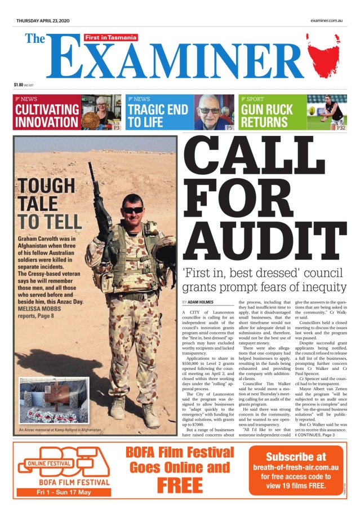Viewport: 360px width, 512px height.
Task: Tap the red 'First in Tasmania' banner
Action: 111,37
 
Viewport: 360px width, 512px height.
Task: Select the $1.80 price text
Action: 19,85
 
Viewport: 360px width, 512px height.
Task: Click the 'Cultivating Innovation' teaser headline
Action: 47,116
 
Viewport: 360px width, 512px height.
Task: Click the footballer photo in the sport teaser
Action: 327,112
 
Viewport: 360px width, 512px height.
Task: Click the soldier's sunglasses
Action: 134,210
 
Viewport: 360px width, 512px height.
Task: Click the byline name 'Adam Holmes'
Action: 201,302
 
